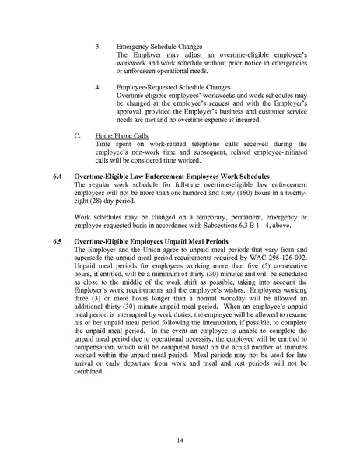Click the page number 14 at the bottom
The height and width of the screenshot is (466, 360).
point(179,440)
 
